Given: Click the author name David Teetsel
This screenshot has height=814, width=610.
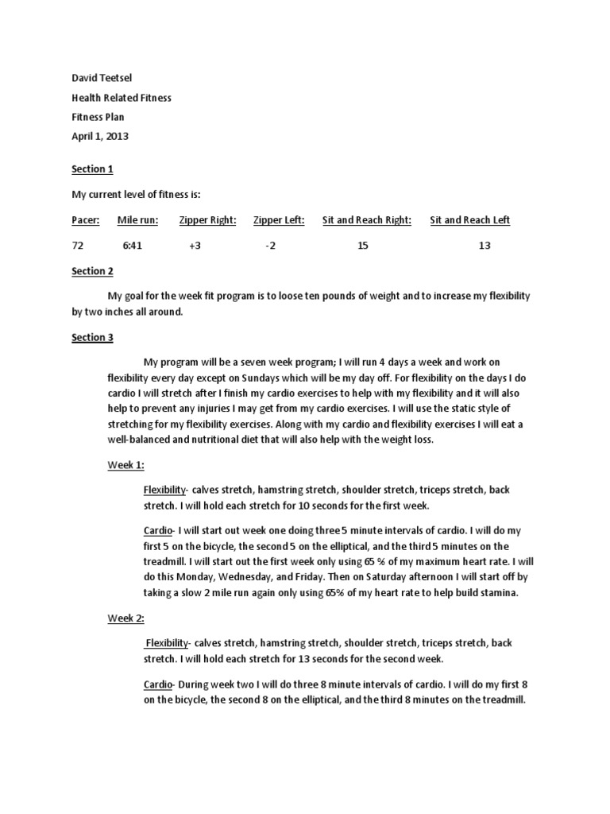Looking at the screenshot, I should click(x=100, y=79).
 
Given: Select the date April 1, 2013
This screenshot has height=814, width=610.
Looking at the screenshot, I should click(x=100, y=136).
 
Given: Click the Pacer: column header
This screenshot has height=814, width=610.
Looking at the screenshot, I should click(x=86, y=220).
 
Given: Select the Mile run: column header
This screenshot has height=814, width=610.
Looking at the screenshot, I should click(x=137, y=220).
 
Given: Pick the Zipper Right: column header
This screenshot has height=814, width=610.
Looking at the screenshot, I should click(x=207, y=220).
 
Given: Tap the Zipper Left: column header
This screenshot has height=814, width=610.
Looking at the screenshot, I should click(x=279, y=220).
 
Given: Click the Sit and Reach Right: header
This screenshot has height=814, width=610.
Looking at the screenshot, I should click(x=366, y=220).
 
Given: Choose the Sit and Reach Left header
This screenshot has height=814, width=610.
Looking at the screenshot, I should click(x=469, y=220).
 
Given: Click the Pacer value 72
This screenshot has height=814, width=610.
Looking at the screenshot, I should click(x=78, y=246).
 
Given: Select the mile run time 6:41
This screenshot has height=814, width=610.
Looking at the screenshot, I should click(x=132, y=246).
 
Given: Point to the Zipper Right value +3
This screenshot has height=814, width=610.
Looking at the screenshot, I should click(x=195, y=246).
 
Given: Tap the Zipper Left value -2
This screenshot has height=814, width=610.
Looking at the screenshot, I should click(x=270, y=246).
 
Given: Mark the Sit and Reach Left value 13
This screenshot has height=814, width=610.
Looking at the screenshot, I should click(x=485, y=246).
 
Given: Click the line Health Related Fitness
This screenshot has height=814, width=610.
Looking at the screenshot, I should click(x=121, y=98).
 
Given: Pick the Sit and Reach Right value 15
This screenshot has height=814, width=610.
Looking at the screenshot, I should click(x=363, y=246).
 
